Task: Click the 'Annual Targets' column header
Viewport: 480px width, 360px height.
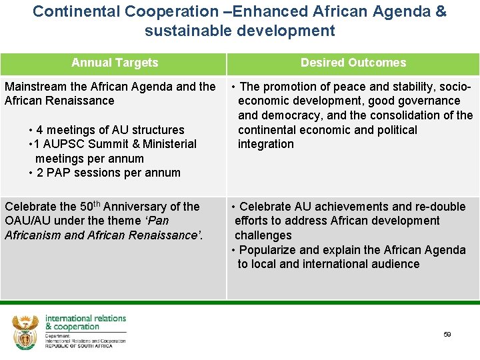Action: [115, 63]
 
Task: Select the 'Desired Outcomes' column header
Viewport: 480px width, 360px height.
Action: [353, 63]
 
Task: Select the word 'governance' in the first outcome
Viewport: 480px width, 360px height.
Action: [427, 101]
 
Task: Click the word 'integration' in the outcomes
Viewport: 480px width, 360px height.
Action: [265, 144]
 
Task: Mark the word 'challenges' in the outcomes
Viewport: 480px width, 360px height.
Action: [263, 235]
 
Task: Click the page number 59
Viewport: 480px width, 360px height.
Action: [447, 335]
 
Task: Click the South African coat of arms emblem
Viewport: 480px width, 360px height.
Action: [25, 332]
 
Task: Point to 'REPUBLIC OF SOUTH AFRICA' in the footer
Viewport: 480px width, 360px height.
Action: [79, 347]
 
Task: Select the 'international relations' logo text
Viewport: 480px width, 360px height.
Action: [85, 318]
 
